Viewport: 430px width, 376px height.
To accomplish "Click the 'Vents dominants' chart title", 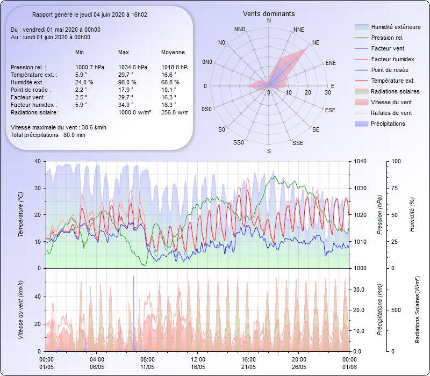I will [x=269, y=13].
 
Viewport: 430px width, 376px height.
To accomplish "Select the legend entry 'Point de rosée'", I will [x=389, y=70].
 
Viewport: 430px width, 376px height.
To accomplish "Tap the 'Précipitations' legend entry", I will [x=388, y=124].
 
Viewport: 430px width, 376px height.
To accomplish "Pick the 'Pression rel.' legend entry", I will [x=387, y=38].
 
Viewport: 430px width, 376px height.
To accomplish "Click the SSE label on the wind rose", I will [x=297, y=143].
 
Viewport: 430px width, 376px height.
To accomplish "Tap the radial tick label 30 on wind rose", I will [x=327, y=93].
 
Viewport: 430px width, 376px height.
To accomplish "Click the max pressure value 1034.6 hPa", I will [x=132, y=67].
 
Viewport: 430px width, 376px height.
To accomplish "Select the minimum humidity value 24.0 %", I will [x=84, y=82].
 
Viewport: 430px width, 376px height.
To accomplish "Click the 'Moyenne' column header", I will [x=173, y=52].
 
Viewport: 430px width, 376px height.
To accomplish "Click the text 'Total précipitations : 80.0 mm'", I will [x=48, y=135].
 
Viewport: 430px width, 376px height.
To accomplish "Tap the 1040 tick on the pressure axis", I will [x=360, y=161].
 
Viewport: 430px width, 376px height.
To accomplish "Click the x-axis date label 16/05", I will [x=198, y=367].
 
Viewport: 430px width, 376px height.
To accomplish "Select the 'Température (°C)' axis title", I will [x=20, y=215].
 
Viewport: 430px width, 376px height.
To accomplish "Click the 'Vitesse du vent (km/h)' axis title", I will [x=20, y=309].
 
